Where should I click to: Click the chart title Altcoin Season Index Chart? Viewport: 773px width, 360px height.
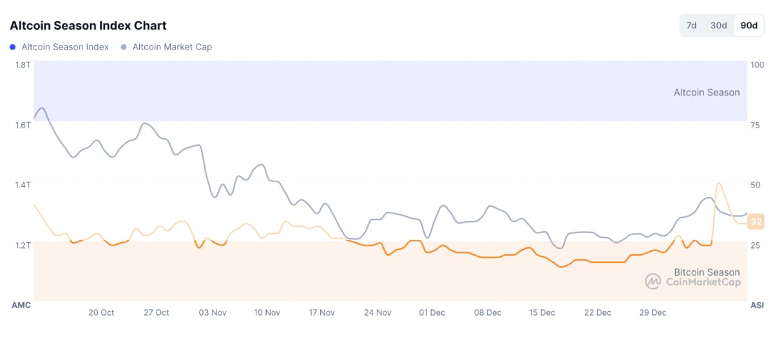point(88,26)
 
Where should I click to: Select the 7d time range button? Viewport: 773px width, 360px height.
point(691,26)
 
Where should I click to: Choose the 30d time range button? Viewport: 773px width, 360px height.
point(718,26)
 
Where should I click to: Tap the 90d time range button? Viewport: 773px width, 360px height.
point(749,26)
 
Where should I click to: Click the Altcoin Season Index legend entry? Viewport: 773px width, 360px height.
point(64,47)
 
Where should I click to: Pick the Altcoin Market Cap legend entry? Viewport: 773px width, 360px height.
point(171,47)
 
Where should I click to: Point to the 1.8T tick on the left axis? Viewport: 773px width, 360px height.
point(23,64)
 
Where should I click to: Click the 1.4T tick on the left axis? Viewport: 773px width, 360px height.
point(23,185)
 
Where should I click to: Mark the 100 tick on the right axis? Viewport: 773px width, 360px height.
point(757,64)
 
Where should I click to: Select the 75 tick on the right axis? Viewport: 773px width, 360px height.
point(756,125)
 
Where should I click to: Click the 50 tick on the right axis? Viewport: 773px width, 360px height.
point(756,185)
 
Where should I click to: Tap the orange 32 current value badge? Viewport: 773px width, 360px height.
point(756,222)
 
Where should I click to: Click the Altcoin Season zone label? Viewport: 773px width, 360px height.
point(707,92)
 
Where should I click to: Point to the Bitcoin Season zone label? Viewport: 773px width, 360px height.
point(707,272)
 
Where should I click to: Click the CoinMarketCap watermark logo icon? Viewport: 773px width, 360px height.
point(653,281)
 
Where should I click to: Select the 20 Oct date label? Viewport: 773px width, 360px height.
point(101,312)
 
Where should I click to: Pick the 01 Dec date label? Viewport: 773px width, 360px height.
point(432,312)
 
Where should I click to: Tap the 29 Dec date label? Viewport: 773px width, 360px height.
point(653,312)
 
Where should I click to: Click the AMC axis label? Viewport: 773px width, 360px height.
point(21,305)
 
